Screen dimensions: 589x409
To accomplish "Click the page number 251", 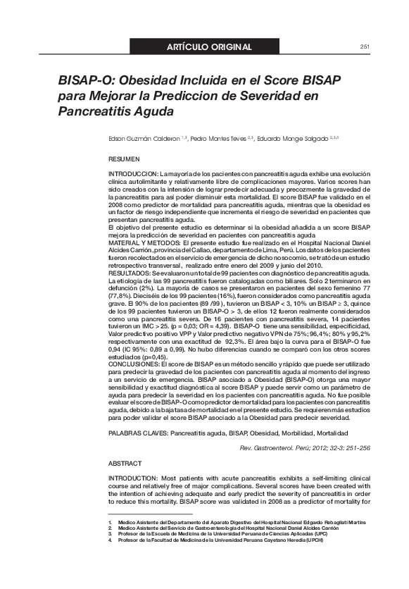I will click(x=365, y=47).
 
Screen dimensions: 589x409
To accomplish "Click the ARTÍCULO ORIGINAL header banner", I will click(x=208, y=47).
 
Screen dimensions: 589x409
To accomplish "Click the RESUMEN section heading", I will click(x=125, y=161).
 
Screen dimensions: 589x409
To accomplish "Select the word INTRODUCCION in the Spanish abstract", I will click(x=133, y=173).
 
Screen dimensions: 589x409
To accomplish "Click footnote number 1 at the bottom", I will click(x=110, y=522).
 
